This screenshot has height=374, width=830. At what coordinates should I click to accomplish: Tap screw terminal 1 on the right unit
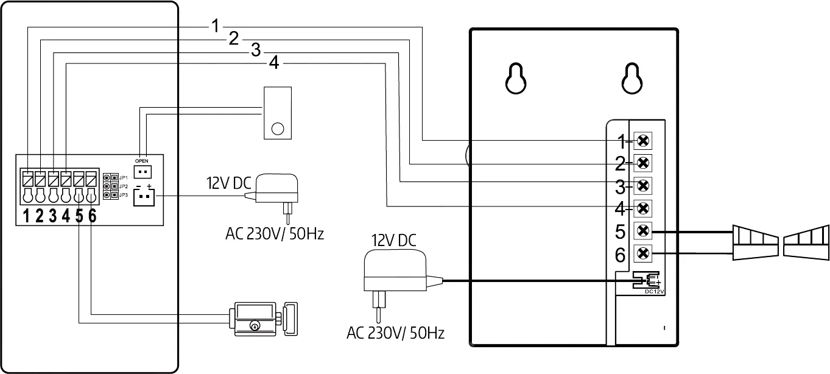point(642,141)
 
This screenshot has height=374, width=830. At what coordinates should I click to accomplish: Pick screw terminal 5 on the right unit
point(642,231)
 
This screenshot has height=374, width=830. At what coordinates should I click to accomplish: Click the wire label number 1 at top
point(215,26)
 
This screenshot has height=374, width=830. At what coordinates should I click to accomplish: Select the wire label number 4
point(274,63)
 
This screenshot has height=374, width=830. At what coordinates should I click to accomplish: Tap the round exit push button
point(277,129)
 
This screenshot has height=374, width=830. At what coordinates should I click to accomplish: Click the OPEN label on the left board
point(141,161)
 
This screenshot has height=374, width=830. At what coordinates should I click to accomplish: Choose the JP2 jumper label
point(124,186)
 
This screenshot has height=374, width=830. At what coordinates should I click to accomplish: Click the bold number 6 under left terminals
point(92,216)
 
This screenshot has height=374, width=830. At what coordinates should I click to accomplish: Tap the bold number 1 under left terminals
point(26,216)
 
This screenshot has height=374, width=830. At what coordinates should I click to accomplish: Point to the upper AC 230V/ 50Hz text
point(273,234)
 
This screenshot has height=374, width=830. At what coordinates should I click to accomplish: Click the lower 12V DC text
point(393,241)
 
